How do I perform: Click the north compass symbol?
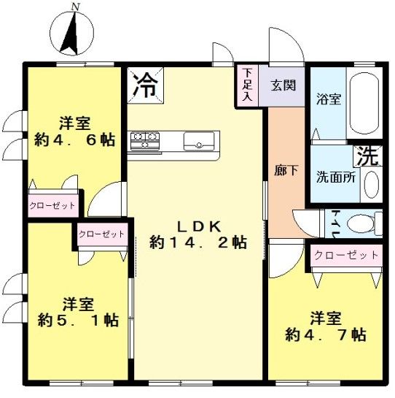click(74, 31)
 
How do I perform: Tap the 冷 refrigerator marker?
click(145, 85)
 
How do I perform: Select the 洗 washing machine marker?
click(367, 155)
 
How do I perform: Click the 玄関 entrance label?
click(283, 85)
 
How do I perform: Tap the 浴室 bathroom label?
click(328, 100)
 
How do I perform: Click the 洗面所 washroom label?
click(335, 176)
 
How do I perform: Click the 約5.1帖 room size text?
click(79, 320)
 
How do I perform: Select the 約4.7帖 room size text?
click(325, 335)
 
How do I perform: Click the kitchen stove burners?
click(144, 139)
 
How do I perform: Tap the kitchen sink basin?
click(199, 139)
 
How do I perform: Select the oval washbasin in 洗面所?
click(371, 184)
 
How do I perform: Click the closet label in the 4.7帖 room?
click(346, 256)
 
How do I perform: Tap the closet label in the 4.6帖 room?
click(52, 206)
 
